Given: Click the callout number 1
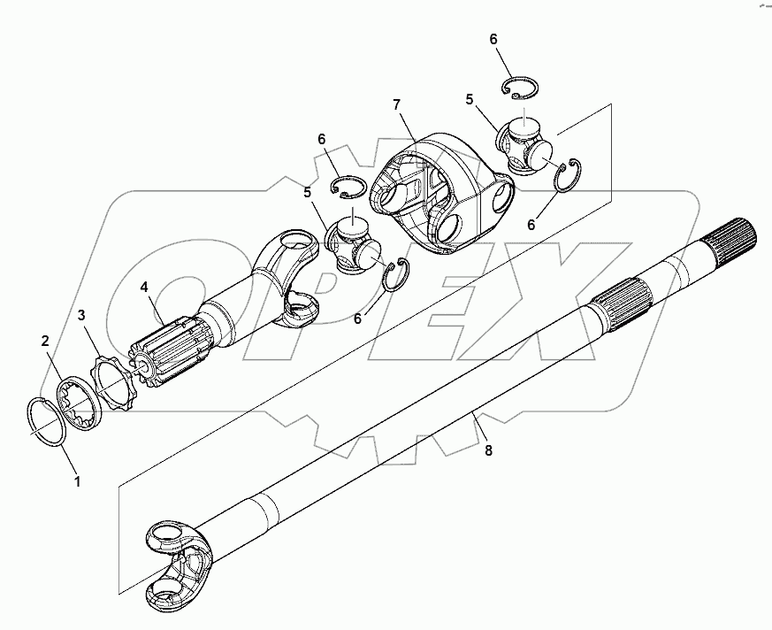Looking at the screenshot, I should [x=77, y=482].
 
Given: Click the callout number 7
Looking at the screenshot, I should [x=397, y=105].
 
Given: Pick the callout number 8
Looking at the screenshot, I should [x=488, y=450].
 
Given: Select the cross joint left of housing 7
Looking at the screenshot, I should [x=354, y=244].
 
